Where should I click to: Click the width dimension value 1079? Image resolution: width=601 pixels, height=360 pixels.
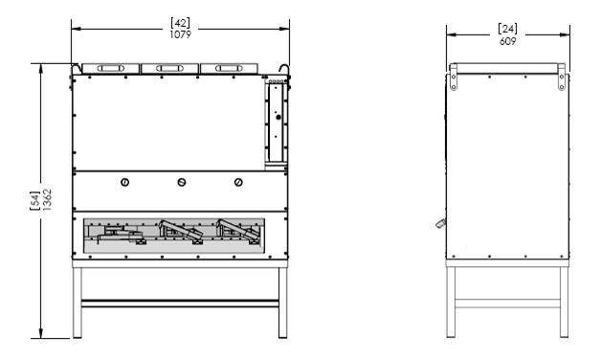[x=180, y=34]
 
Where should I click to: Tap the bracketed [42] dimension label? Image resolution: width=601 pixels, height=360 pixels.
[x=180, y=23]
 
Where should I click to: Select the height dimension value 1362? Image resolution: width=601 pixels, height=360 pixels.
[x=47, y=199]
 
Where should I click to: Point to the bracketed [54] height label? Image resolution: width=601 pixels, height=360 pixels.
[x=34, y=200]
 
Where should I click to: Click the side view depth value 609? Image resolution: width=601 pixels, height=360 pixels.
[x=508, y=41]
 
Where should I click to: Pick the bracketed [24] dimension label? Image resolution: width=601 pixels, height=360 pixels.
[x=508, y=29]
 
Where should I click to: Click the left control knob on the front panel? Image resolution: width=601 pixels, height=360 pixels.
[x=125, y=183]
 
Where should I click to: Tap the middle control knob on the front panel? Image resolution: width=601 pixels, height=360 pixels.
[x=182, y=183]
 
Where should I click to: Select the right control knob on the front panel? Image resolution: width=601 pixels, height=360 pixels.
[x=238, y=183]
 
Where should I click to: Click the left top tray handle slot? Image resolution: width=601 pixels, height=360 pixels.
[x=111, y=69]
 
